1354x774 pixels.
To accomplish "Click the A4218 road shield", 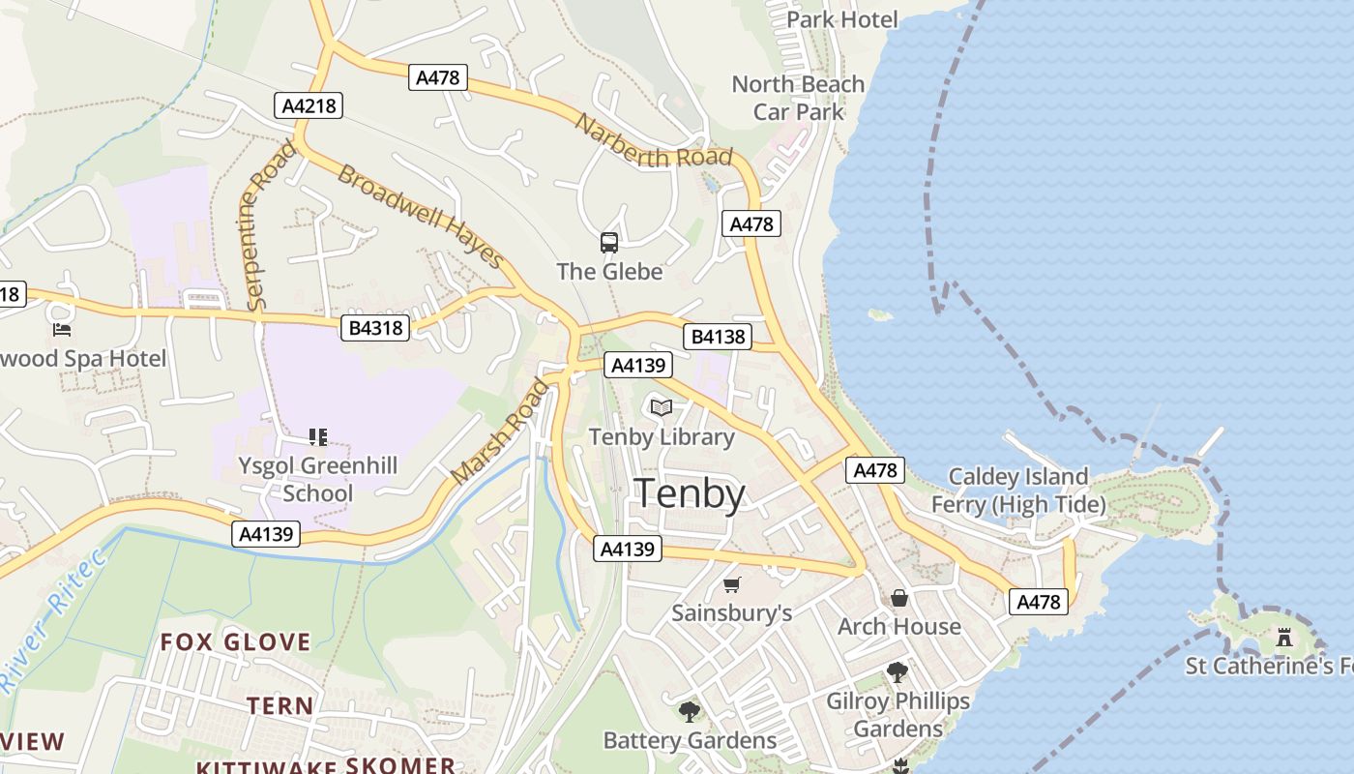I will coord(309,105).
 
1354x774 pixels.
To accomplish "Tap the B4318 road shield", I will coord(375,329).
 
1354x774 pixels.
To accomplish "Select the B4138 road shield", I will coord(718,337).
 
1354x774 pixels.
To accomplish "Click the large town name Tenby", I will coord(689,494).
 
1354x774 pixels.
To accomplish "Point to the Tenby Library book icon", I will coord(662,408).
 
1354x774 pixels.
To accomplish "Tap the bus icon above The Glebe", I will coord(609,243).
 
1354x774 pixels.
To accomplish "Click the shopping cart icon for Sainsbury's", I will coord(732,585).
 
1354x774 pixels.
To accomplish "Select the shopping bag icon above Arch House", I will coord(899,598).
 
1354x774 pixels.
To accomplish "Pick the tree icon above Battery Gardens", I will coord(690,713).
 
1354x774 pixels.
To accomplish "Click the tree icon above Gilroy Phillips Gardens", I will coord(898,672).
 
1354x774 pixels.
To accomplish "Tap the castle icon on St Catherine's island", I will coord(1284,638).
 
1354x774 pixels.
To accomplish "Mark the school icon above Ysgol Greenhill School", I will coord(318,437).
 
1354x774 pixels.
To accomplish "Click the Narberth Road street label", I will coord(654,141).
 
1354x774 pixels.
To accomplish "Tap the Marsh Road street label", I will coord(500,432).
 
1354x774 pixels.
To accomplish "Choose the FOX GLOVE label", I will coord(235,641).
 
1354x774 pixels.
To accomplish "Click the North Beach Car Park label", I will coord(798,98).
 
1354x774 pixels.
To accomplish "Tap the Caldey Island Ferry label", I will coord(1017,491).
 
